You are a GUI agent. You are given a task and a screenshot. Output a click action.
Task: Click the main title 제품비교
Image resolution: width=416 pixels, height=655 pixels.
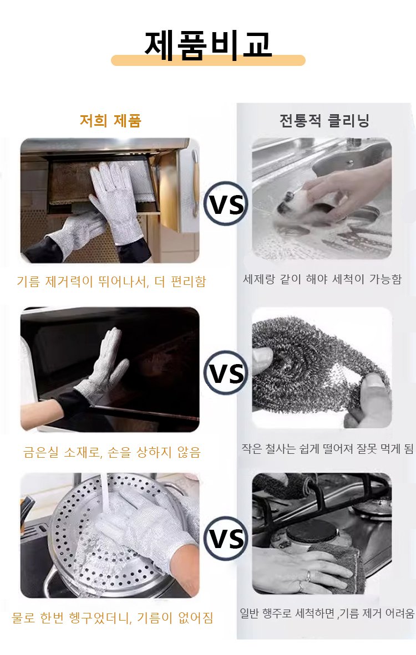208,45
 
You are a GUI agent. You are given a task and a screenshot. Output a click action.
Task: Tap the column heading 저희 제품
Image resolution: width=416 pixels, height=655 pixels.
110,121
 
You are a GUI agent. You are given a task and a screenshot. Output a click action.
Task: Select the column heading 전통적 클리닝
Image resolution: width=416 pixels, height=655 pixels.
324,121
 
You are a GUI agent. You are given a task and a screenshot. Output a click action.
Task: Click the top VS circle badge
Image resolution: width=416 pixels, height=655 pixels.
226,203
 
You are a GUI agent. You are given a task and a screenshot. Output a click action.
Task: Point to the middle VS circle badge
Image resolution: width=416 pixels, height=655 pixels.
226,372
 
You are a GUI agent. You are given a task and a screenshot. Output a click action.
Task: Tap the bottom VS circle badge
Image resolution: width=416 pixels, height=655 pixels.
226,538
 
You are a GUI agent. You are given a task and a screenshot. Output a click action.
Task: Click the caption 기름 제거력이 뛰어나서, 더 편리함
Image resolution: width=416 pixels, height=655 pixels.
111,281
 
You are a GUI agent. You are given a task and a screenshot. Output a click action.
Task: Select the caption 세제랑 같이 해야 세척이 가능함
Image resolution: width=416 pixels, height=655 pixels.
322,279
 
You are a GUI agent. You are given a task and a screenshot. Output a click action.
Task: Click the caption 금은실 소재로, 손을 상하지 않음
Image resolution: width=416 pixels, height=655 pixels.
112,452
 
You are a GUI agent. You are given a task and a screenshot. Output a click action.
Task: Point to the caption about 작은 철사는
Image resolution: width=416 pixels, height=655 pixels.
327,449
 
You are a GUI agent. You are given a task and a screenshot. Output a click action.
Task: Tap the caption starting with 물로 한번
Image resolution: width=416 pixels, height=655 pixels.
113,617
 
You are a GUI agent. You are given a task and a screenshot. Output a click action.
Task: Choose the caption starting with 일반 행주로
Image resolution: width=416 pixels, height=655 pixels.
327,613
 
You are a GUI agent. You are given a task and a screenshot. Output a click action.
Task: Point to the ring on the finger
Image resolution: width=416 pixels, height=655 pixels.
308,576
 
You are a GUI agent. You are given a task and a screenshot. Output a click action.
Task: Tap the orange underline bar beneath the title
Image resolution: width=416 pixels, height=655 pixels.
208,60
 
